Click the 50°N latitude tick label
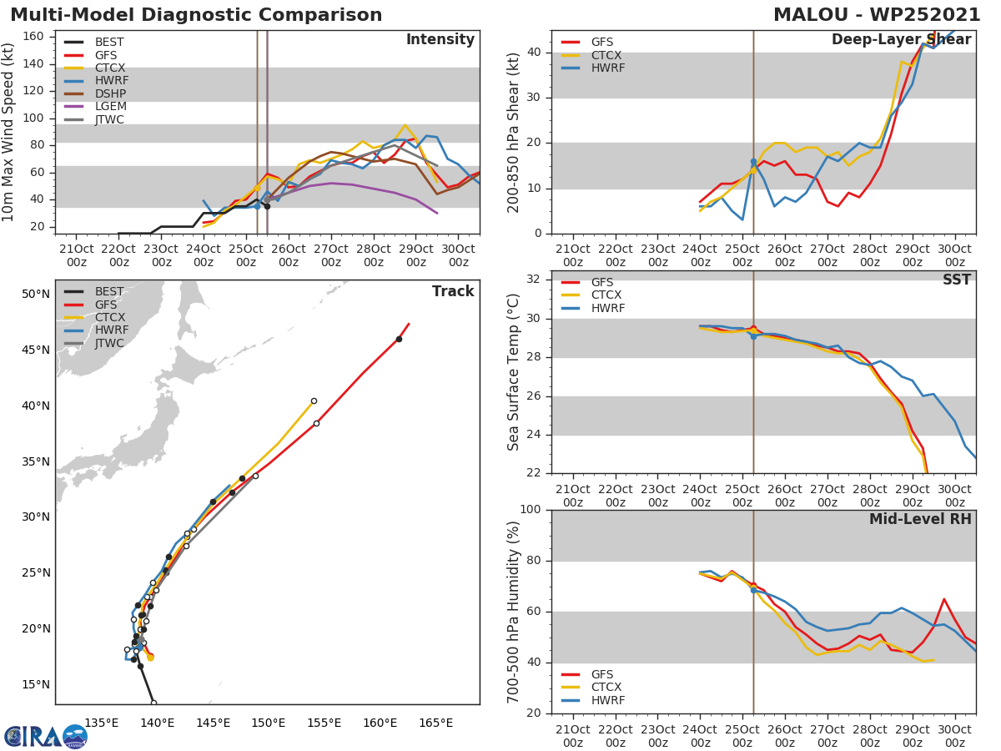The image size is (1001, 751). click(36, 294)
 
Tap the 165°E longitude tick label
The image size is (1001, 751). click(435, 723)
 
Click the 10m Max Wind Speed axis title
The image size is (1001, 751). click(9, 134)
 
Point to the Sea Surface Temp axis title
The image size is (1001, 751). click(514, 372)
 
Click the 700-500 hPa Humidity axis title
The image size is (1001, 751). click(514, 612)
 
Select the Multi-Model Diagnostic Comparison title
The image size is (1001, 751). click(196, 15)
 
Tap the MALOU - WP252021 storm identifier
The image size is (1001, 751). click(877, 15)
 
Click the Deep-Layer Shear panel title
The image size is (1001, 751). click(901, 40)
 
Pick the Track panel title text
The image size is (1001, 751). click(453, 291)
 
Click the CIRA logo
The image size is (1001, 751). click(45, 736)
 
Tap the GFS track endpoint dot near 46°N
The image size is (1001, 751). click(399, 339)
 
